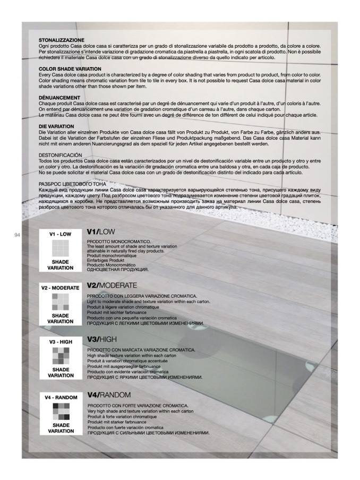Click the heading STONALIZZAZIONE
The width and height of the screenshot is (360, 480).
(62, 40)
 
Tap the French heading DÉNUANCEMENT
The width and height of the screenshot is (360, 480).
(59, 98)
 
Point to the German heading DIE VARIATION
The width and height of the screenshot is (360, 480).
(56, 126)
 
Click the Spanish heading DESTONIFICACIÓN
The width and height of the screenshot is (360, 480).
(61, 155)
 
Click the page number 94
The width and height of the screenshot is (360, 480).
(17, 234)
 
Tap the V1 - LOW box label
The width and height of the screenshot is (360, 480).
(60, 234)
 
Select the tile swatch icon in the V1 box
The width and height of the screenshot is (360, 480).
(60, 248)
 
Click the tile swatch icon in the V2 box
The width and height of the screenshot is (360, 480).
(60, 302)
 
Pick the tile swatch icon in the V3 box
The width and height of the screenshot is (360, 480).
(60, 356)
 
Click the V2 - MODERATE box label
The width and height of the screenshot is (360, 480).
(60, 288)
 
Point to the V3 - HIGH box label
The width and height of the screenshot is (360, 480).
(60, 342)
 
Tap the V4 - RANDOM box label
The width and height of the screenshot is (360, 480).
(60, 398)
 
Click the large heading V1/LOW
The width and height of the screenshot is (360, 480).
(101, 232)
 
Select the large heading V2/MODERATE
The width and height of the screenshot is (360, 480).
(112, 286)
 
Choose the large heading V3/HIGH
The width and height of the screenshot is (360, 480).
(102, 339)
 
